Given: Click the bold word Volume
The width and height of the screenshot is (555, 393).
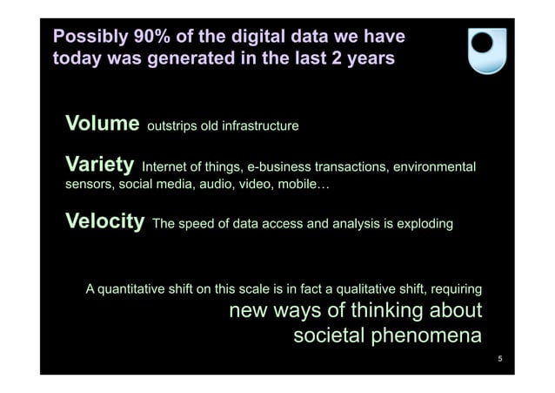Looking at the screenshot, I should pyautogui.click(x=103, y=124).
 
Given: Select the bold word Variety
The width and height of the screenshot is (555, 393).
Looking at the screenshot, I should pyautogui.click(x=100, y=165).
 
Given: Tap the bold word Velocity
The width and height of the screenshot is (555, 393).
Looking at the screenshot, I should pyautogui.click(x=105, y=222).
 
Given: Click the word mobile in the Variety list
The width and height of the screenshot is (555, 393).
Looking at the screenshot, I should pyautogui.click(x=300, y=186).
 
